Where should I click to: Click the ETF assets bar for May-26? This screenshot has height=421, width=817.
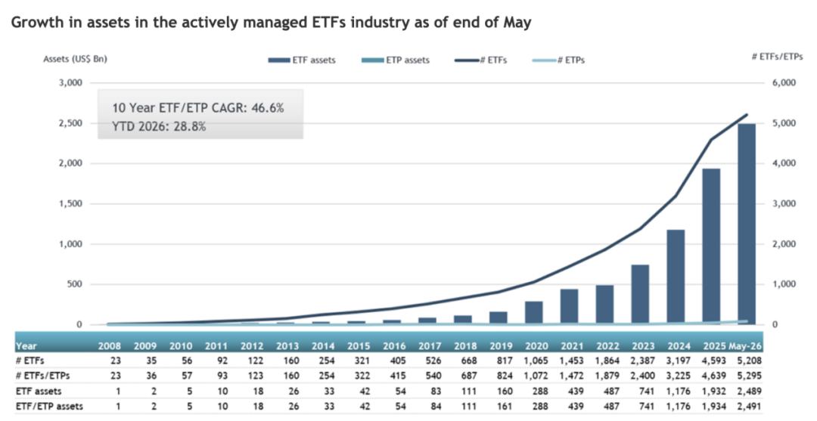[x=747, y=224]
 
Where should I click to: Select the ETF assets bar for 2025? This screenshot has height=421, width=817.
[x=711, y=246]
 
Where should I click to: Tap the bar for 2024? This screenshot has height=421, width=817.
[x=676, y=277]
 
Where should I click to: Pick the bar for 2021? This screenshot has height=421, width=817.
[x=570, y=307]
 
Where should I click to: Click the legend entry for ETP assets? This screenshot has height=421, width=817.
[x=396, y=60]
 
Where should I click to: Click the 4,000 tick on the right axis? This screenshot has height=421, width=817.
[x=784, y=163]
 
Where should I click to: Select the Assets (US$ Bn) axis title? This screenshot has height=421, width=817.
[x=75, y=59]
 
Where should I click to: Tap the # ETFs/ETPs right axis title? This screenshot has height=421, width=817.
[x=778, y=57]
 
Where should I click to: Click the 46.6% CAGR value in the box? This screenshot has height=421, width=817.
[x=268, y=108]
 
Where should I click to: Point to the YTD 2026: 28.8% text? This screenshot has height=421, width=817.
[x=159, y=126]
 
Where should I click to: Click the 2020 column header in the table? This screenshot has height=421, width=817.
[x=536, y=345]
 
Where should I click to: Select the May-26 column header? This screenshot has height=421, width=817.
[x=745, y=345]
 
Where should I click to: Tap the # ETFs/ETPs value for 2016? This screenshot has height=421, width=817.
[x=394, y=375]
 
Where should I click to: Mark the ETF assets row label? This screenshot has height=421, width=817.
[x=39, y=391]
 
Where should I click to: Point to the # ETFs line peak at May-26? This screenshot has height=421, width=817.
[x=747, y=114]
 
